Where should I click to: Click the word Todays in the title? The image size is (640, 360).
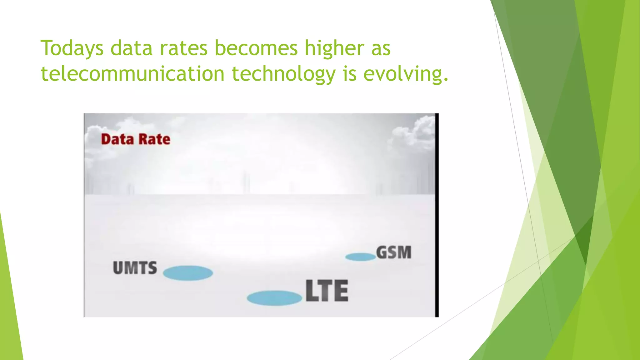[x=72, y=48]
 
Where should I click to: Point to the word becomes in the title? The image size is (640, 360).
[x=256, y=48]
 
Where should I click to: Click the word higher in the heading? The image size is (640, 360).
[x=334, y=48]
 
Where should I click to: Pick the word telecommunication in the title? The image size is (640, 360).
[x=133, y=74]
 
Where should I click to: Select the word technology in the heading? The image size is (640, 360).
[x=283, y=74]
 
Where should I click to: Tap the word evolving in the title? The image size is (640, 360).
[x=406, y=74]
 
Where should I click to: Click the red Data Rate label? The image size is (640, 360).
[x=136, y=139]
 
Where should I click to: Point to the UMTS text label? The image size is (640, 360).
[x=135, y=268]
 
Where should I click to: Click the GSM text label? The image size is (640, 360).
[x=394, y=252]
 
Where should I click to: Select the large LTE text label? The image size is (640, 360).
[x=327, y=291]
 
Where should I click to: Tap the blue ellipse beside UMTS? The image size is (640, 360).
[x=188, y=273]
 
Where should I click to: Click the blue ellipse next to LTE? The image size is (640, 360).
[x=274, y=298]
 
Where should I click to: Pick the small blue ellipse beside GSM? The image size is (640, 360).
[x=360, y=257]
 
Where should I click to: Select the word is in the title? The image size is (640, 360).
[x=350, y=74]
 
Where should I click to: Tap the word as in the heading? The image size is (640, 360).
[x=381, y=48]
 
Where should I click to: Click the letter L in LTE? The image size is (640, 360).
[x=311, y=291]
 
